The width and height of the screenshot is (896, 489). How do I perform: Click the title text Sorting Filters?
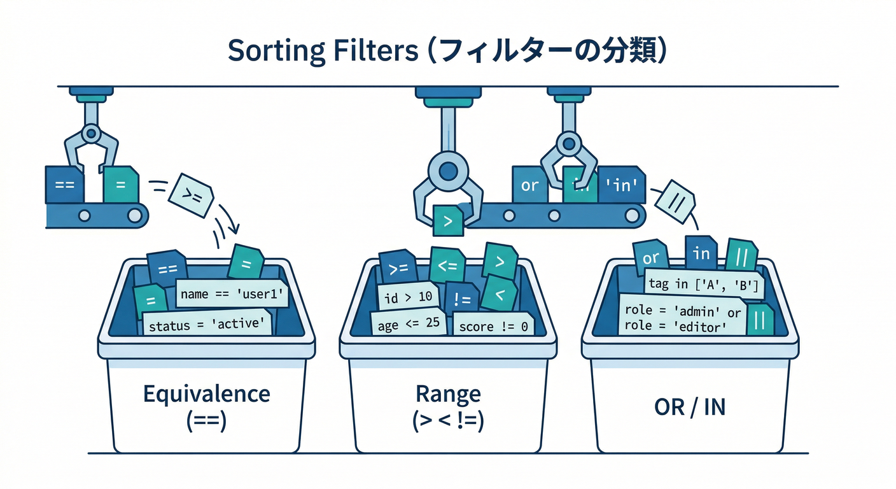[x=321, y=51]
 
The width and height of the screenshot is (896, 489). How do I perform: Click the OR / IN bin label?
[x=690, y=407]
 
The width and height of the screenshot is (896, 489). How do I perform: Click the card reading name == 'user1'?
[x=231, y=294]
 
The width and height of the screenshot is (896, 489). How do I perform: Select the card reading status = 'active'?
[x=206, y=324]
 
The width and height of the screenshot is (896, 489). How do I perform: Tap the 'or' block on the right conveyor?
[x=529, y=185]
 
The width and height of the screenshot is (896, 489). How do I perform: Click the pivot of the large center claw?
[x=448, y=169]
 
